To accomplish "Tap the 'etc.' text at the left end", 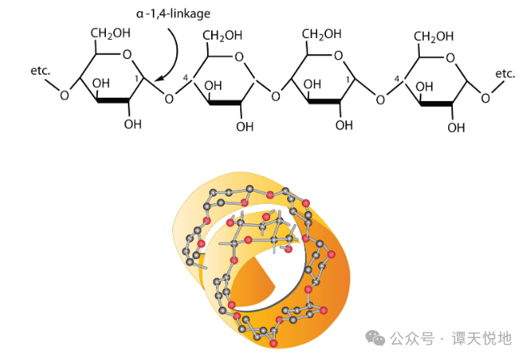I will tap(40, 70).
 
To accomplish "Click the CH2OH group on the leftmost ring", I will tap(109, 32).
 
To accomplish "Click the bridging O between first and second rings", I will tap(168, 100).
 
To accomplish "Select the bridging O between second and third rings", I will tap(276, 96).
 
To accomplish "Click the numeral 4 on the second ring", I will tap(186, 78).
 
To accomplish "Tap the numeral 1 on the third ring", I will tap(348, 80).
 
